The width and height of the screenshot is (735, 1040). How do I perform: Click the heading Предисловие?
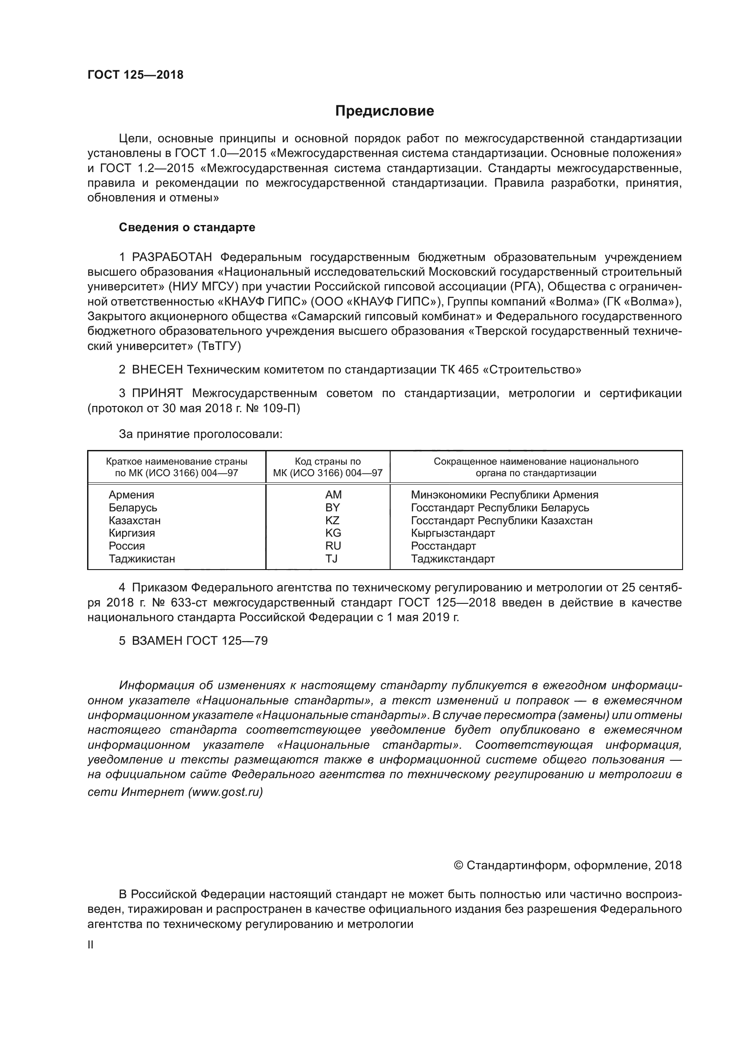coord(384,111)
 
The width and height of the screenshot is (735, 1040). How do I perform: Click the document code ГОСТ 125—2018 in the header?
coord(136,75)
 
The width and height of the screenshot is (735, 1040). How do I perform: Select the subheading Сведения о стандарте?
coord(187,227)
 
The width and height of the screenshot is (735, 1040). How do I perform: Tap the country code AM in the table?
coord(333,494)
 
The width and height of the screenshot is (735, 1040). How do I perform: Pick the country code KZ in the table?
coord(332,520)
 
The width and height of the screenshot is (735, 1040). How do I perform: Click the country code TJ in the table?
coord(332,558)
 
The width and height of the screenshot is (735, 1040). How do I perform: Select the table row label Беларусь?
coord(132,507)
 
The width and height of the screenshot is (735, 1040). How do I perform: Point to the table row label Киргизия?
coord(132,533)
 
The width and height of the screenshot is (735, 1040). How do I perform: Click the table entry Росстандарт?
coord(443,546)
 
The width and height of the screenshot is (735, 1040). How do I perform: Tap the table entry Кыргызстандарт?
coord(452,533)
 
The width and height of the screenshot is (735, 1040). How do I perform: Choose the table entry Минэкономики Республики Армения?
coord(504,494)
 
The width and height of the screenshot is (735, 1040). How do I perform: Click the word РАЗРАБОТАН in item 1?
coord(172,257)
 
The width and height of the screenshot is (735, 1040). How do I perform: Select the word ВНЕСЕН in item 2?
coord(157,369)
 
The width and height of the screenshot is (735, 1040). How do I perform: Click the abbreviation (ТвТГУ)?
coord(219,346)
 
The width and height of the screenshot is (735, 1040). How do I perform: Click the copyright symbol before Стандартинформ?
coord(458,866)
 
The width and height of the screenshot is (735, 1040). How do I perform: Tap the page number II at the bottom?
coord(91,945)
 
